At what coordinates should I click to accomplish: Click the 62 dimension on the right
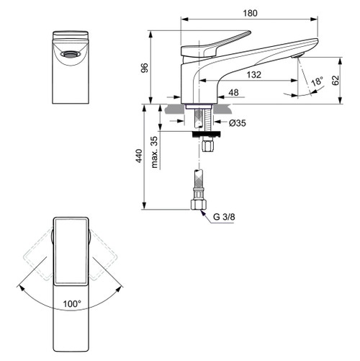[336, 81]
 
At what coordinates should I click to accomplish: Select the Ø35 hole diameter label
[239, 124]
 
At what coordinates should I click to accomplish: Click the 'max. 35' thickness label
[155, 151]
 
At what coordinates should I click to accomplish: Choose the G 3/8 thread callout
[224, 216]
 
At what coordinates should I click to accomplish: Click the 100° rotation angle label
[71, 303]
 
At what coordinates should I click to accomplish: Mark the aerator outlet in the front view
[71, 54]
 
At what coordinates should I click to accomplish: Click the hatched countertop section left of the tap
[174, 107]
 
